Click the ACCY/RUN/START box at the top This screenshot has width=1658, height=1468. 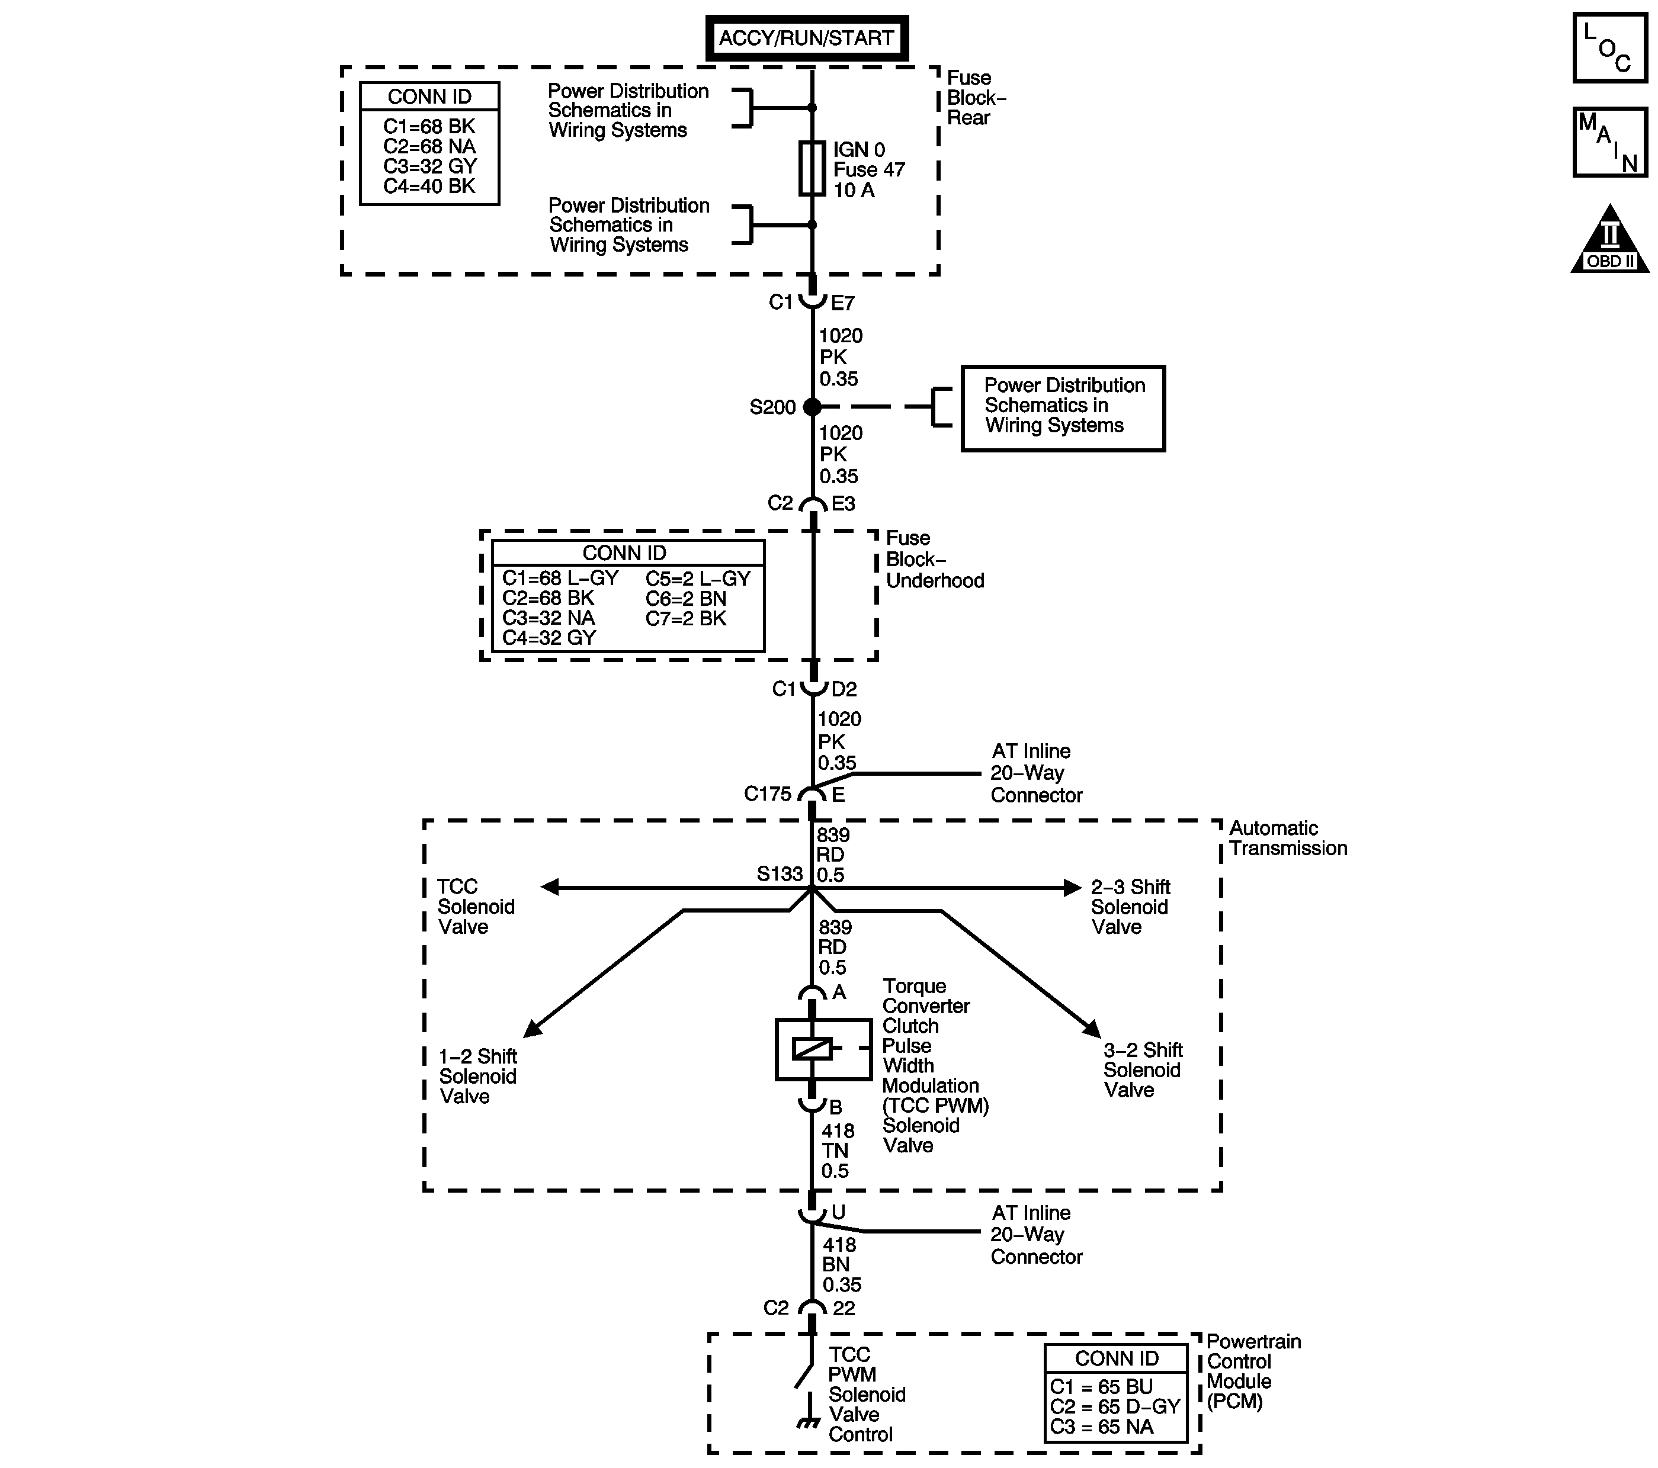tap(806, 38)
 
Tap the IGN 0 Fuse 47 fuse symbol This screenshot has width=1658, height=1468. tap(812, 169)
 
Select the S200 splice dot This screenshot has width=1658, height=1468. tap(812, 407)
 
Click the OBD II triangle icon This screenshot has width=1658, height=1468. tap(1609, 242)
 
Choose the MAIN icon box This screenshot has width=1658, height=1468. tap(1609, 142)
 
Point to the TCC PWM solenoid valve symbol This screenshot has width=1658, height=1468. tap(823, 1049)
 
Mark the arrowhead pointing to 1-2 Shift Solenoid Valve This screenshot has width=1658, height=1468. tap(532, 1029)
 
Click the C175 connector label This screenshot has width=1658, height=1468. tap(767, 794)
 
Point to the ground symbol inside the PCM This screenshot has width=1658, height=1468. tap(808, 1422)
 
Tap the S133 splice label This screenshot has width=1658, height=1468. tap(780, 874)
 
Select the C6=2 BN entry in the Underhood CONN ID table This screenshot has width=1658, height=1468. tap(686, 599)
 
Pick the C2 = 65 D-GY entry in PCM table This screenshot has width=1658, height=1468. tap(1115, 1407)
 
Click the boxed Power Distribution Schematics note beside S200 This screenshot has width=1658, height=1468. tap(1063, 407)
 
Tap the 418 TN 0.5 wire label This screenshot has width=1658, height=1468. tap(836, 1150)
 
